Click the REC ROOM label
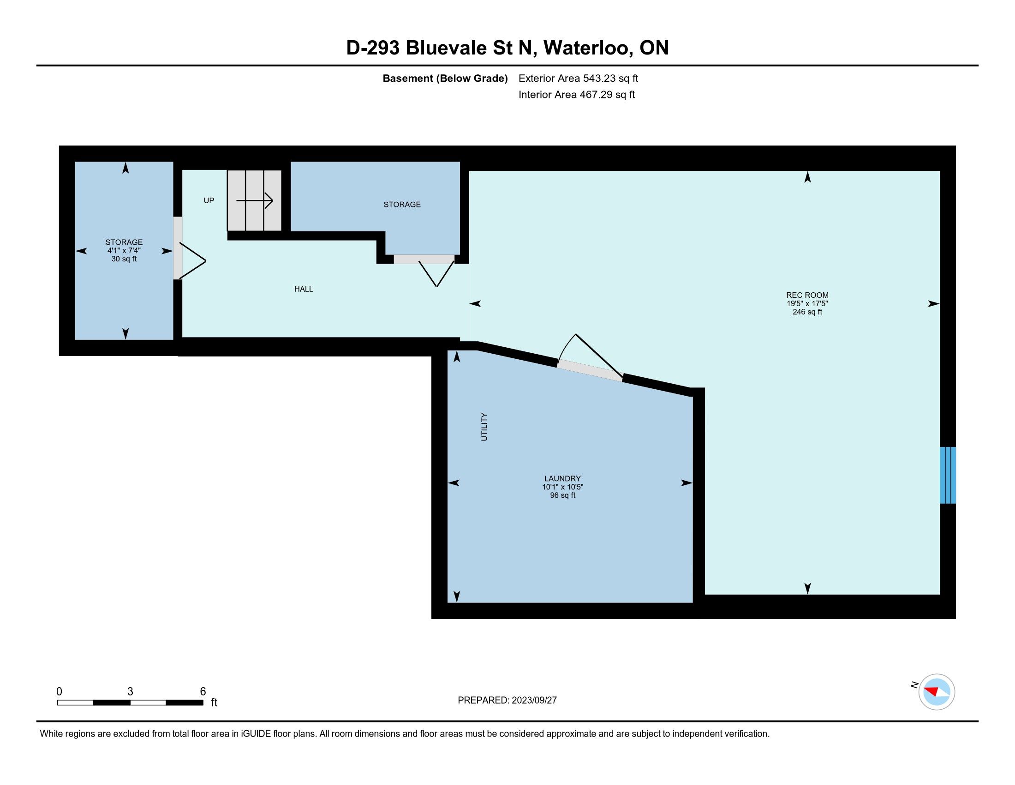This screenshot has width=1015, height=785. pos(807,295)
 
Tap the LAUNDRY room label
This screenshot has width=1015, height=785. pos(562,478)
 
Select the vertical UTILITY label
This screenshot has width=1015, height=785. pos(484,427)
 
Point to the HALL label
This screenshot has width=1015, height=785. pos(304,289)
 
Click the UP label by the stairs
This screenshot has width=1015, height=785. pos(209,200)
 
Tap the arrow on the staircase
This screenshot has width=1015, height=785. pos(255,201)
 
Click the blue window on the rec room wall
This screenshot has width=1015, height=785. pos(948,475)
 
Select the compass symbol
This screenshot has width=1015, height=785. pos(937,692)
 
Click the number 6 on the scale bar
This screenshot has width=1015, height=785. pos(203,692)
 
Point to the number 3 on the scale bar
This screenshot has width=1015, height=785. pos(130,692)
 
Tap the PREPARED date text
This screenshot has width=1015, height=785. pos(507,700)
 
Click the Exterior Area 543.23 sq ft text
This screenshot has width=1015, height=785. pos(578,78)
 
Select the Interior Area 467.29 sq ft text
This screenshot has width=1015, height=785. pos(577,95)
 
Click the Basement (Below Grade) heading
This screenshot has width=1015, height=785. pos(445,78)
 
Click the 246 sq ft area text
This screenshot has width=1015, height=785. pos(807,312)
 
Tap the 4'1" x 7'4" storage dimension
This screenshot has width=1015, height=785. pos(124,251)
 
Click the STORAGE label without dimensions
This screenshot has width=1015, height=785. pos(402,205)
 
